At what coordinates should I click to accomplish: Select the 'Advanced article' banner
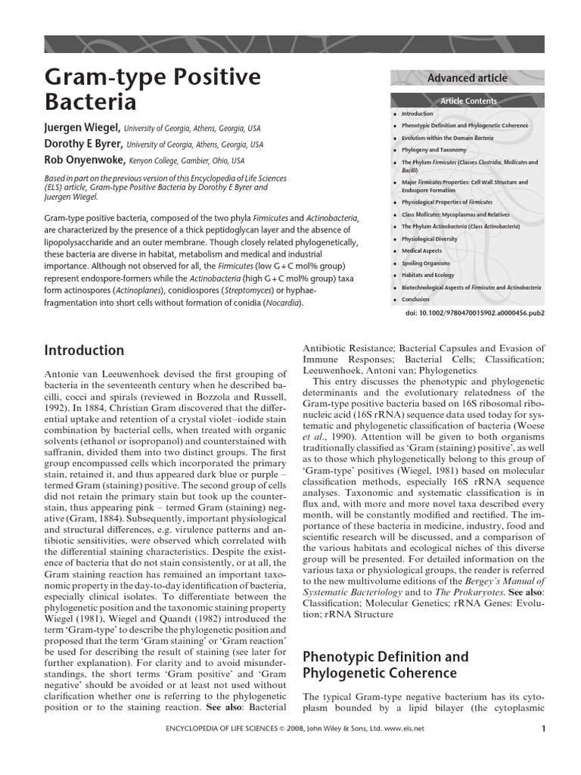click(x=467, y=78)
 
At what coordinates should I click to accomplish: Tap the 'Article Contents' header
click(x=468, y=101)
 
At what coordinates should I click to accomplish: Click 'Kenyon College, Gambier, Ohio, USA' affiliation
click(x=185, y=160)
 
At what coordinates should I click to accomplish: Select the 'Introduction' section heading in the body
click(x=84, y=350)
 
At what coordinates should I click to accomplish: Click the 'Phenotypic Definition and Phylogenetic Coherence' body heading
click(x=379, y=664)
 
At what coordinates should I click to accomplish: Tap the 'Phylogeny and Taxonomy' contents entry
click(x=434, y=150)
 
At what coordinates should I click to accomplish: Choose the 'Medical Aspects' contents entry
click(x=422, y=251)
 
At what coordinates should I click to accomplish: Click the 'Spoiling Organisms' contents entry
click(x=427, y=263)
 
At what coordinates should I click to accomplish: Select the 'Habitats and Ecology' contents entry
click(x=429, y=275)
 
